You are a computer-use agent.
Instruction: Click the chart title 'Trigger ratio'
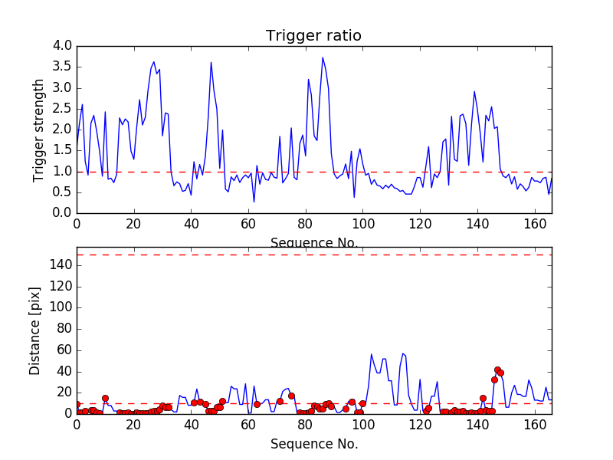click(313, 36)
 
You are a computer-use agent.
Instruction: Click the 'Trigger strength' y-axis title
click(39, 130)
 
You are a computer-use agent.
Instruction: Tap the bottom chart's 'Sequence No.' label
click(313, 444)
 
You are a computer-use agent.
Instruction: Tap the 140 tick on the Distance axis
click(60, 265)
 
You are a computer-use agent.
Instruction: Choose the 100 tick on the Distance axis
click(60, 307)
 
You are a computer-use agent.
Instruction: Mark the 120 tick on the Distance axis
click(60, 287)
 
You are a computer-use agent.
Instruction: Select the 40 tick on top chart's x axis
click(191, 223)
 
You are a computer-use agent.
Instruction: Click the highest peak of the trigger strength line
click(323, 58)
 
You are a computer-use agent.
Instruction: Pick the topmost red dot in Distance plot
click(497, 370)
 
